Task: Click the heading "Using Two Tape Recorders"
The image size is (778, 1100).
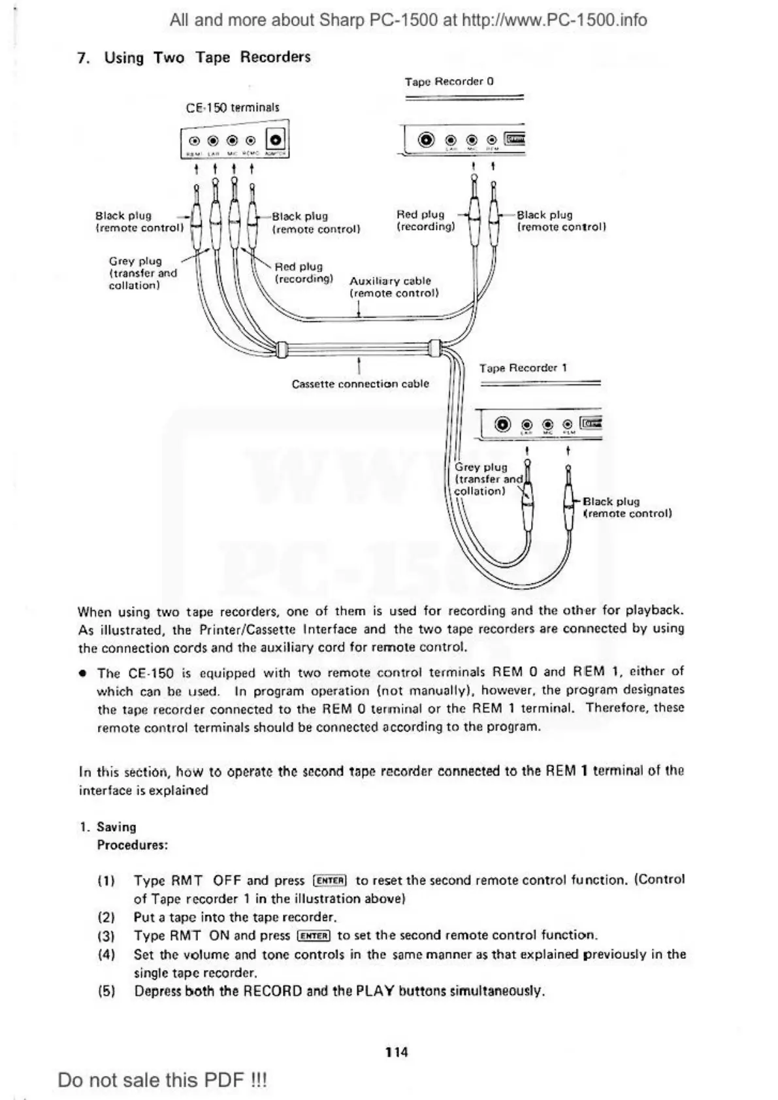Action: coord(207,57)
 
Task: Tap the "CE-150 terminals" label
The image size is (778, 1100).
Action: coord(233,108)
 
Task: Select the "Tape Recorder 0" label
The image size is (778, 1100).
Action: coord(449,82)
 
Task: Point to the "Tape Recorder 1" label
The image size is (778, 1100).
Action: coord(523,368)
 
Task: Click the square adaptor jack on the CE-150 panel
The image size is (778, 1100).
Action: coord(276,140)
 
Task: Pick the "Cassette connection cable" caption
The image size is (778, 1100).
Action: coord(360,384)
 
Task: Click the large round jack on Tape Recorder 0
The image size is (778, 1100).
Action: coord(427,140)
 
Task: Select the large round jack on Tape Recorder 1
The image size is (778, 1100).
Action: coord(502,425)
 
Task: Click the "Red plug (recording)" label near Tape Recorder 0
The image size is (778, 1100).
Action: coord(425,221)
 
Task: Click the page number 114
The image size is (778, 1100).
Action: coord(396,1052)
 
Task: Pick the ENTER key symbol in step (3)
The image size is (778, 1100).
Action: coord(314,935)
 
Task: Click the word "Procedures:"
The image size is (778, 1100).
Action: coord(133,845)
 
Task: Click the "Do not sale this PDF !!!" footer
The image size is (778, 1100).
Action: coord(162,1080)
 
